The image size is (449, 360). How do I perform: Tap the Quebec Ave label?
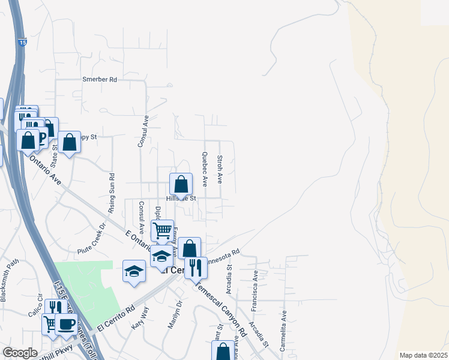(x=205, y=169)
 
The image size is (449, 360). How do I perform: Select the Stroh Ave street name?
(x=220, y=170)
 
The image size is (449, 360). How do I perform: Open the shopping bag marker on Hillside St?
(x=181, y=184)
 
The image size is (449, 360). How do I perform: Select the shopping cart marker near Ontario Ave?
(x=162, y=230)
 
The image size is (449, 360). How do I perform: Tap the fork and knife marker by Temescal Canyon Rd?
(x=195, y=267)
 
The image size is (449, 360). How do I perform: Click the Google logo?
(x=20, y=353)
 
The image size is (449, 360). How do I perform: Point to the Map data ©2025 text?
(x=423, y=355)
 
